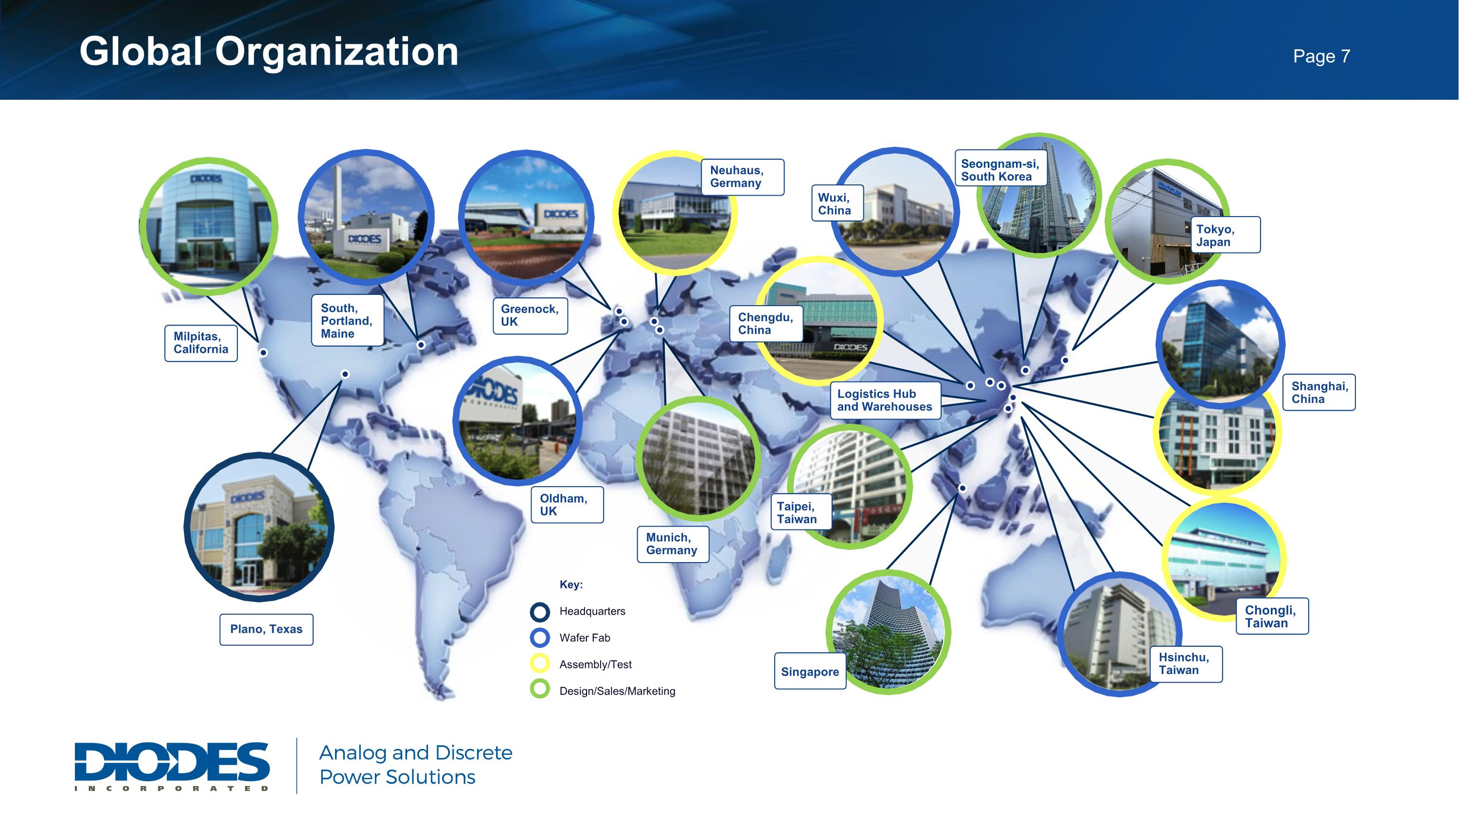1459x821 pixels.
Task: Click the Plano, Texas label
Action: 266,629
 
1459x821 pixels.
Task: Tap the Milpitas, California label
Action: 201,343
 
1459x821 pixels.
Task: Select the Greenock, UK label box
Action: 530,315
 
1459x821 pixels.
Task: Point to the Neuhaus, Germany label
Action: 742,177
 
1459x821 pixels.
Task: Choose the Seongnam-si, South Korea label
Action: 1000,170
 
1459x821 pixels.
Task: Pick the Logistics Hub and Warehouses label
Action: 885,400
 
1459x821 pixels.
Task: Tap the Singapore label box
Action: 810,672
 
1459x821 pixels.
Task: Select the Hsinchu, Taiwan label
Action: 1186,663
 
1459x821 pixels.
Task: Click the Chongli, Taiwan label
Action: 1272,617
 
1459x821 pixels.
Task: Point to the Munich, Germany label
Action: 672,544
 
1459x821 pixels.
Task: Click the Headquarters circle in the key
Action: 540,611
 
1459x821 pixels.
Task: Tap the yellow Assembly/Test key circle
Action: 540,664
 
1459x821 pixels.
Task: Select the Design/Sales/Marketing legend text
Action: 617,691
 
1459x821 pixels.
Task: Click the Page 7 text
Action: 1321,56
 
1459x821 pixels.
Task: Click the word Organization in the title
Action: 337,52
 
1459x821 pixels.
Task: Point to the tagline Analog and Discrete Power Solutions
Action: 416,765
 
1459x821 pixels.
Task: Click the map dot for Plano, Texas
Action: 345,374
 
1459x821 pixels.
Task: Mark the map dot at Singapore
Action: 962,488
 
